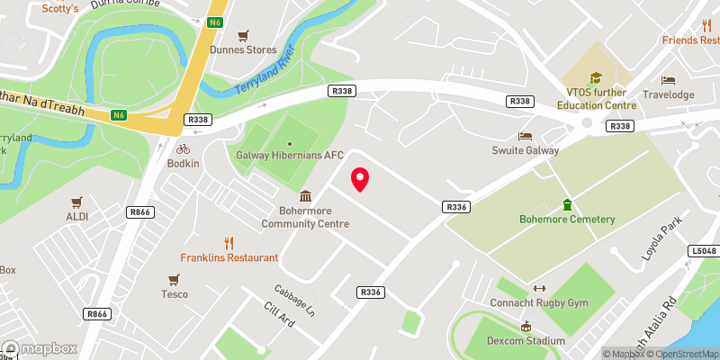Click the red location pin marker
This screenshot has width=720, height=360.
(x=360, y=179)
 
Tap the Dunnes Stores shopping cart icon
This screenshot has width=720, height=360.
(x=243, y=35)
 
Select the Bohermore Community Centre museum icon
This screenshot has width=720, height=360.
(x=305, y=197)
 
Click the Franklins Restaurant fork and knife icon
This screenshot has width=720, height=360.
(x=229, y=242)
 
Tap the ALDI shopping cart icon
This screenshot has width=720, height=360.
(x=76, y=202)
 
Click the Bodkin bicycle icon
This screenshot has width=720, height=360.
(x=183, y=148)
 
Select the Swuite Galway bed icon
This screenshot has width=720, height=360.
(x=525, y=136)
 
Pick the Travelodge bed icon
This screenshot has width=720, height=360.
(x=667, y=80)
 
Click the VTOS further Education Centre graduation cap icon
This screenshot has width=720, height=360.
(x=594, y=79)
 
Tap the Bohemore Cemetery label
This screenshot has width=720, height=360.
(x=567, y=220)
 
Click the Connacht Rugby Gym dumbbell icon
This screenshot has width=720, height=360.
(x=540, y=288)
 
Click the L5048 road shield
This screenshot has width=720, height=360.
(x=704, y=251)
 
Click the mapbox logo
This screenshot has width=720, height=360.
(x=38, y=347)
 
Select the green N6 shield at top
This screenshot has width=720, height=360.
(x=214, y=21)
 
